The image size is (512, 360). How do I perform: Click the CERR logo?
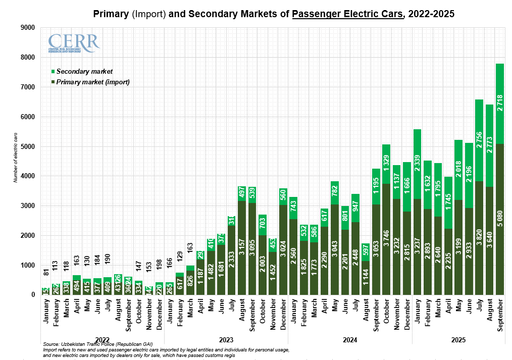click(x=74, y=43)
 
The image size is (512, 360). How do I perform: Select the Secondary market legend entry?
click(x=84, y=72)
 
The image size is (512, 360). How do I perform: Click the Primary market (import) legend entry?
click(x=93, y=82)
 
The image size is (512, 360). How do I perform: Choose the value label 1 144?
click(x=366, y=279)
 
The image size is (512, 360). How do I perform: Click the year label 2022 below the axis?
click(x=102, y=340)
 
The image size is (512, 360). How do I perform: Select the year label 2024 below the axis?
click(x=350, y=340)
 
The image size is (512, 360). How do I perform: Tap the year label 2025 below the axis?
click(x=458, y=340)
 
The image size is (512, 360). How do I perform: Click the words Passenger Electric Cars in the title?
click(x=348, y=14)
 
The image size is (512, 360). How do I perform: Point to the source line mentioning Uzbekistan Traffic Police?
click(x=98, y=344)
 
